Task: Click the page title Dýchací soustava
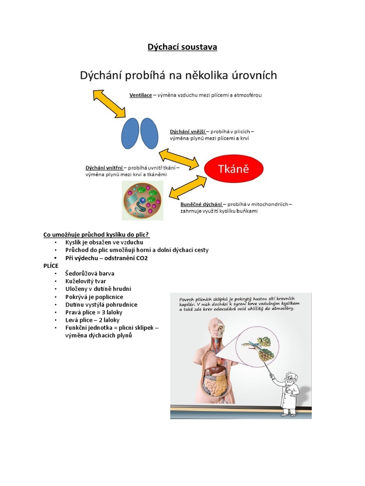[182, 47]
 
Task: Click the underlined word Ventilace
[141, 95]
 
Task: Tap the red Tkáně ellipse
[234, 168]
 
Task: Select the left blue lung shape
[130, 133]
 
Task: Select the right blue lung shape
[149, 133]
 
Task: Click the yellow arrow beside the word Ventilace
[109, 103]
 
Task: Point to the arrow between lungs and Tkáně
[179, 159]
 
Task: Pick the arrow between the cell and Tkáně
[188, 187]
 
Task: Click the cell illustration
[143, 200]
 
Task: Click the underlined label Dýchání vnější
[187, 131]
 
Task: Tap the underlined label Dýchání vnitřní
[104, 168]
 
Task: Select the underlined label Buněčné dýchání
[201, 204]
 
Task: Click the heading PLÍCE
[51, 266]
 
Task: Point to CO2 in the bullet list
[142, 258]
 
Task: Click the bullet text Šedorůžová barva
[90, 273]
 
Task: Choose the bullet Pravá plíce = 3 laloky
[94, 312]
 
